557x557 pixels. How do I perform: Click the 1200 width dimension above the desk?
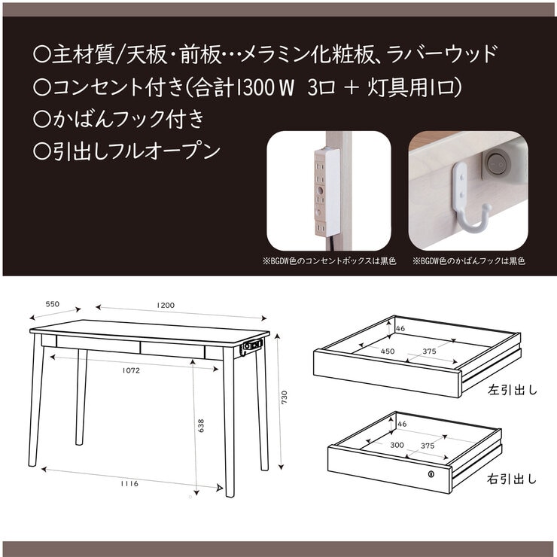point(166,305)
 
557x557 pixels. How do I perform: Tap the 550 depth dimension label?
point(52,303)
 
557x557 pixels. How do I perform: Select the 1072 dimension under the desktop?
point(129,370)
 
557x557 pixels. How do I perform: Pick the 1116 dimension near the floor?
point(129,483)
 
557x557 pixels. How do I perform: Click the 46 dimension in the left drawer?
point(400,329)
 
